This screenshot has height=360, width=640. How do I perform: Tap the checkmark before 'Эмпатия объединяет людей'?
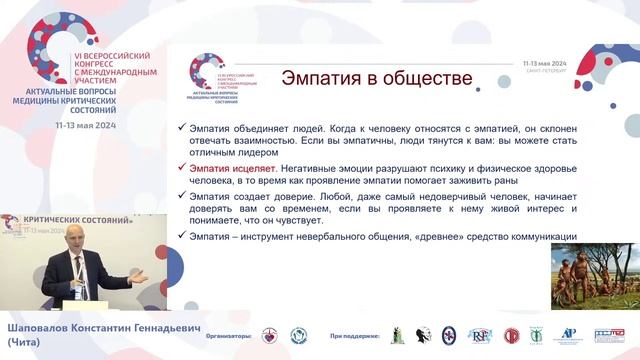(180, 130)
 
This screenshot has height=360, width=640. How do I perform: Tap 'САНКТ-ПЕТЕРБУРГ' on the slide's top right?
(548, 70)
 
